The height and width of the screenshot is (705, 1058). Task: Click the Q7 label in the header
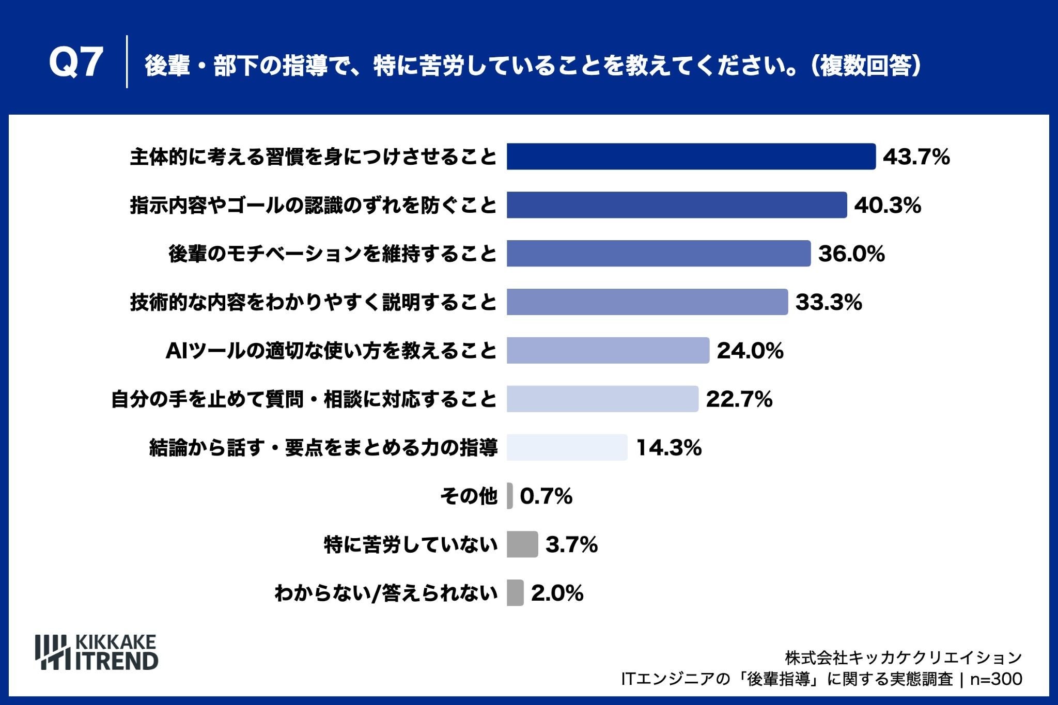point(76,62)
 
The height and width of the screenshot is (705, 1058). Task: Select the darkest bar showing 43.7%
point(691,156)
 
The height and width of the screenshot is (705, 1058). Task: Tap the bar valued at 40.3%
point(677,205)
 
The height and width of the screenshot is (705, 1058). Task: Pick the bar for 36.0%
point(659,254)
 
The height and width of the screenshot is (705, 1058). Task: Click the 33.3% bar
point(647,302)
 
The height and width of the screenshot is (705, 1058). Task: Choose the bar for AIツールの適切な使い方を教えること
point(608,351)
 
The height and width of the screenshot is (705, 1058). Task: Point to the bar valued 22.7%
point(602,399)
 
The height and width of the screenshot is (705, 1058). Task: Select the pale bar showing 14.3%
point(567,447)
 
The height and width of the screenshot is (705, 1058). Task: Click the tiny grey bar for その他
point(510,496)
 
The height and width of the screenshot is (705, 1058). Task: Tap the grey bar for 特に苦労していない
point(522,544)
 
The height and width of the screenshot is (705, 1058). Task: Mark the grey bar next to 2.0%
point(515,593)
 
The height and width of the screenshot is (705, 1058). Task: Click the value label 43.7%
point(916,156)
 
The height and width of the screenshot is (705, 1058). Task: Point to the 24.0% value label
point(750,351)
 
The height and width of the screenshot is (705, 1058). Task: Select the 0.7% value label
point(546,496)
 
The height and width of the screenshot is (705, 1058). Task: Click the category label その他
point(469,496)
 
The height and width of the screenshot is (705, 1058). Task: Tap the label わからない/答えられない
point(386,593)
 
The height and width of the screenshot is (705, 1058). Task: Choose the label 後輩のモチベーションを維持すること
point(333,254)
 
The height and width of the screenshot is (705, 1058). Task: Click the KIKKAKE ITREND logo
point(97,652)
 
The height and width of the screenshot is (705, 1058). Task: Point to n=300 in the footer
point(996,679)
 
